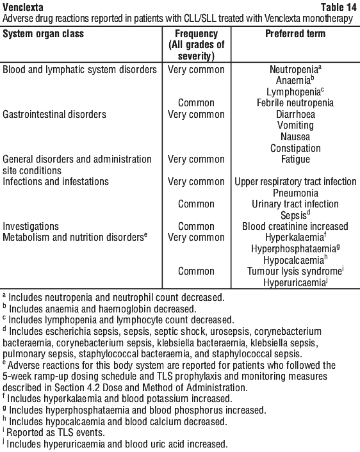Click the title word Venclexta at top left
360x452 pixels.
[23, 7]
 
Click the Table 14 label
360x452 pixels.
[338, 7]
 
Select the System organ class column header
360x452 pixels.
[44, 34]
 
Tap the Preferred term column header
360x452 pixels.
[295, 34]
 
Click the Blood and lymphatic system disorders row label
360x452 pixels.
[79, 70]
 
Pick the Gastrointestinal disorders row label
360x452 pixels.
[54, 114]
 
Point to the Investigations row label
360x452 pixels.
[31, 226]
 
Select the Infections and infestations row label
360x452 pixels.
[56, 182]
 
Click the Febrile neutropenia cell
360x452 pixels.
[295, 103]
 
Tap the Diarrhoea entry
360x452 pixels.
[295, 114]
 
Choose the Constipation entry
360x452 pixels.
[295, 148]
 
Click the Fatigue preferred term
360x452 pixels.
[295, 159]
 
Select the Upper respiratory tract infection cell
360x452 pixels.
[295, 182]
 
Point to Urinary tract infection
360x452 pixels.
[295, 204]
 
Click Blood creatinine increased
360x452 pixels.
[295, 226]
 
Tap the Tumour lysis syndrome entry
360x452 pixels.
[294, 271]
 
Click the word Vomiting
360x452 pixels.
[295, 125]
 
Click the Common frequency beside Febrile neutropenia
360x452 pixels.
[196, 103]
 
